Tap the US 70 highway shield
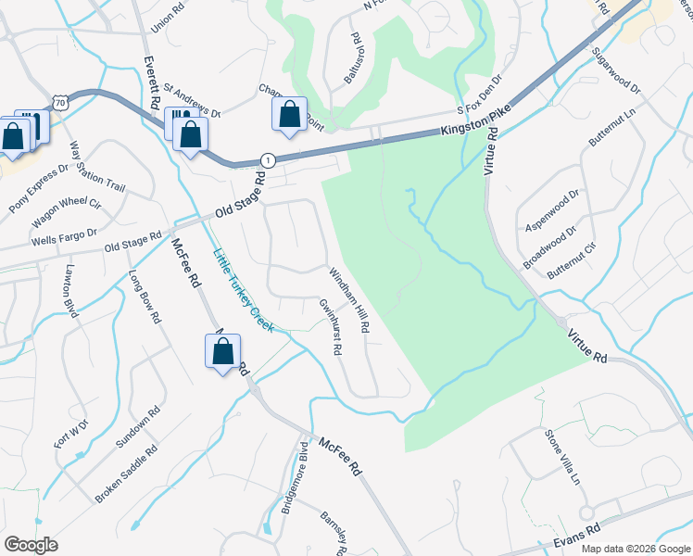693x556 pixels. pos(60,103)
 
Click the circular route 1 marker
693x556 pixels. pos(268,160)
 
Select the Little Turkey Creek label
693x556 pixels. pos(243,291)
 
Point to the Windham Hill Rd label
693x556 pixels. pos(349,300)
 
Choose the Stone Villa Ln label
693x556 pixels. pos(561,457)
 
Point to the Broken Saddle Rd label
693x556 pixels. pos(127,474)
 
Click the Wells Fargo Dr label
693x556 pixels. pos(64,236)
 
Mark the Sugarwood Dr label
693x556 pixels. pos(615,69)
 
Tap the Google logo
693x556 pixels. pos(31,544)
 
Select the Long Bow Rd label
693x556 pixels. pos(145,296)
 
